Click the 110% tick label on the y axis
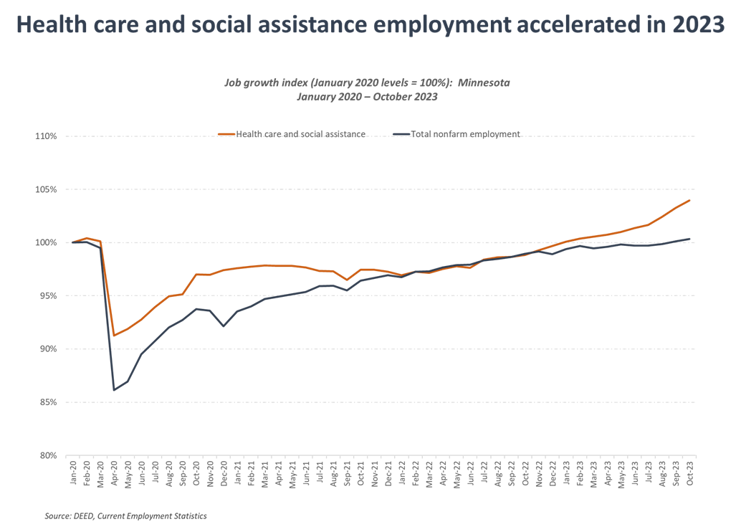click(x=48, y=136)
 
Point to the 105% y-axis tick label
click(x=48, y=189)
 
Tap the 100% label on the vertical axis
click(x=48, y=242)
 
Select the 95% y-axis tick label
click(x=49, y=295)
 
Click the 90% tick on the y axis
click(x=49, y=349)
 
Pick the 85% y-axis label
click(x=49, y=402)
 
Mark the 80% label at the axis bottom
click(x=49, y=455)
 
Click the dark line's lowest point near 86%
click(x=114, y=389)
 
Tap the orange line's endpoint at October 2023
click(x=689, y=200)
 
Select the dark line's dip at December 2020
click(x=224, y=326)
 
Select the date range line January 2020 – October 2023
click(x=367, y=98)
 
